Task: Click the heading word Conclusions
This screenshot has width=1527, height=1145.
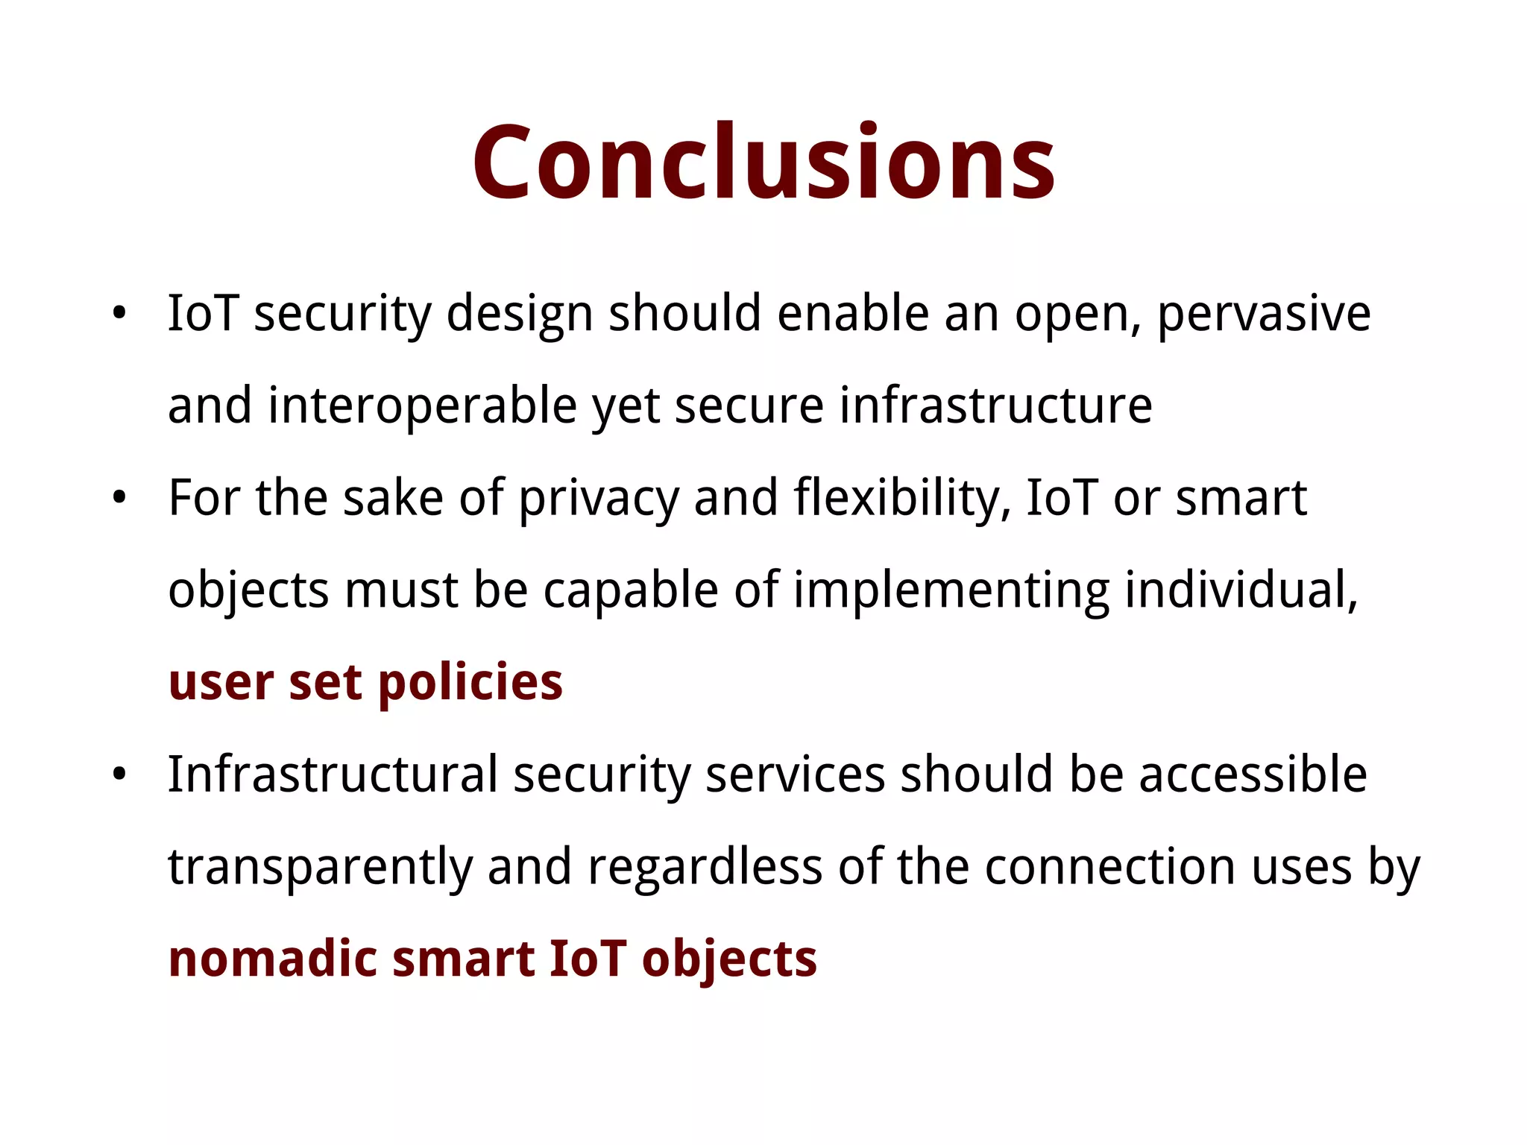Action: coord(763,163)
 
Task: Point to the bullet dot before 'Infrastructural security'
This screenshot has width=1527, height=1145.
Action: coord(119,775)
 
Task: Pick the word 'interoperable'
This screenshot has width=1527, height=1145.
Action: coord(423,406)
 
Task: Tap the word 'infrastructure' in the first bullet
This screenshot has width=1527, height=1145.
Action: coord(996,406)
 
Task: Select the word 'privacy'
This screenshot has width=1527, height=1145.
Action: coord(599,498)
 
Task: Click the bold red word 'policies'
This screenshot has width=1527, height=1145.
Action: coord(470,683)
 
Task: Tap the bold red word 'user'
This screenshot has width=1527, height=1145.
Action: coord(221,683)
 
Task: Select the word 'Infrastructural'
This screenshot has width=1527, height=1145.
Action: coord(333,775)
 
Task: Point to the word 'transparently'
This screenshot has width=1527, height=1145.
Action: coord(321,867)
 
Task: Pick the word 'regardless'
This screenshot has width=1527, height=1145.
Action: coord(705,867)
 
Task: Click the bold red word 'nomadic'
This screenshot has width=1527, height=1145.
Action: coord(273,959)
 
